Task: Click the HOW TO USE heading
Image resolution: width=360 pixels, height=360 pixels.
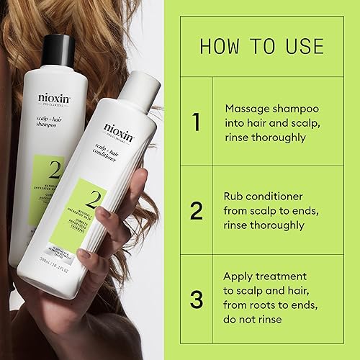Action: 261,46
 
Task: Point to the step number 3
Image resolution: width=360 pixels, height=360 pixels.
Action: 196,299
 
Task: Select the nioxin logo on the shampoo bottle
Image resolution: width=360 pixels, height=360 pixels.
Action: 55,97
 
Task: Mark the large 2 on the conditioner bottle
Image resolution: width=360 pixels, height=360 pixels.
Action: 94,200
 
